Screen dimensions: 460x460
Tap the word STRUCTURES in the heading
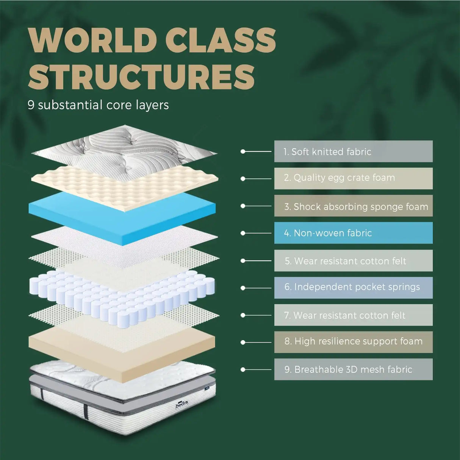tap(141, 77)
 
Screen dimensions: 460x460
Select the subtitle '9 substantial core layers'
tap(98, 105)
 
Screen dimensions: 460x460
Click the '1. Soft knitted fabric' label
tap(353, 151)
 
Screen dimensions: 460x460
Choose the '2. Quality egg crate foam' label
tap(353, 178)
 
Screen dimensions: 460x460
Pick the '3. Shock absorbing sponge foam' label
tap(353, 206)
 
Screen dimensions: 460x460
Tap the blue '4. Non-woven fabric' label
tap(353, 233)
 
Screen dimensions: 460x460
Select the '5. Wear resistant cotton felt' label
tap(353, 260)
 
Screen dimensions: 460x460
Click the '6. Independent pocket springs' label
tap(353, 288)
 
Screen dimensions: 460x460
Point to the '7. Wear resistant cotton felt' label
tap(353, 315)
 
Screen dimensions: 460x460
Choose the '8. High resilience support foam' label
tap(353, 342)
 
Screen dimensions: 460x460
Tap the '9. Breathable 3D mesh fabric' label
tap(353, 369)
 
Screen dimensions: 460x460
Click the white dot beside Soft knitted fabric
tap(243, 151)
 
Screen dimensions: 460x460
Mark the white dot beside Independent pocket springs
tap(243, 288)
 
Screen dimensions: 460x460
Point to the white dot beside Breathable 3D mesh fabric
tap(243, 369)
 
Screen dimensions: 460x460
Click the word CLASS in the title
tap(221, 40)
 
